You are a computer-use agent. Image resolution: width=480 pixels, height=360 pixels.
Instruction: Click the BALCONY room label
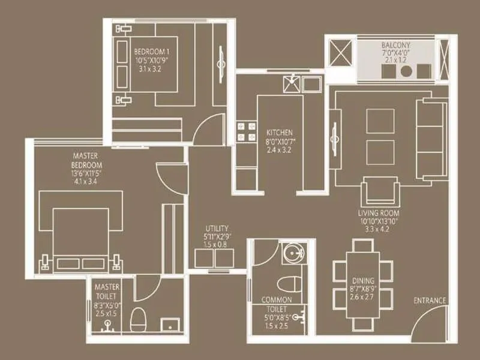coord(395,46)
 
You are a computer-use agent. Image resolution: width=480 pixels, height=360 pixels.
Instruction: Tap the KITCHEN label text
coord(280,132)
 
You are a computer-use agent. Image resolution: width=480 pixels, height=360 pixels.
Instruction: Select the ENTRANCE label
coord(430,301)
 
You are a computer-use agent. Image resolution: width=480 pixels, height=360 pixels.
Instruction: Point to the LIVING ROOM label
coord(380,213)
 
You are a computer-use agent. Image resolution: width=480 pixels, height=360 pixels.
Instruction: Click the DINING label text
coord(364,280)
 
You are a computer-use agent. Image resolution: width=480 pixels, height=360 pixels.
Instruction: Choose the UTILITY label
coord(217,229)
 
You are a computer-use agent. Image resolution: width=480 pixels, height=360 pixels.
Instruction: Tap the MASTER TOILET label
coord(107,292)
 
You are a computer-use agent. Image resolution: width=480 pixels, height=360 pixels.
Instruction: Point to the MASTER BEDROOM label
coord(87,161)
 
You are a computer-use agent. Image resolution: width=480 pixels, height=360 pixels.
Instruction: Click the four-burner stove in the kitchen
coord(246,131)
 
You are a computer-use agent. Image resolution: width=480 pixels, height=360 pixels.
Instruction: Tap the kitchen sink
coord(290,83)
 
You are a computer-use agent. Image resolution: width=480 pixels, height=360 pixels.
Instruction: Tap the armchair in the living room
coord(380,193)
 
